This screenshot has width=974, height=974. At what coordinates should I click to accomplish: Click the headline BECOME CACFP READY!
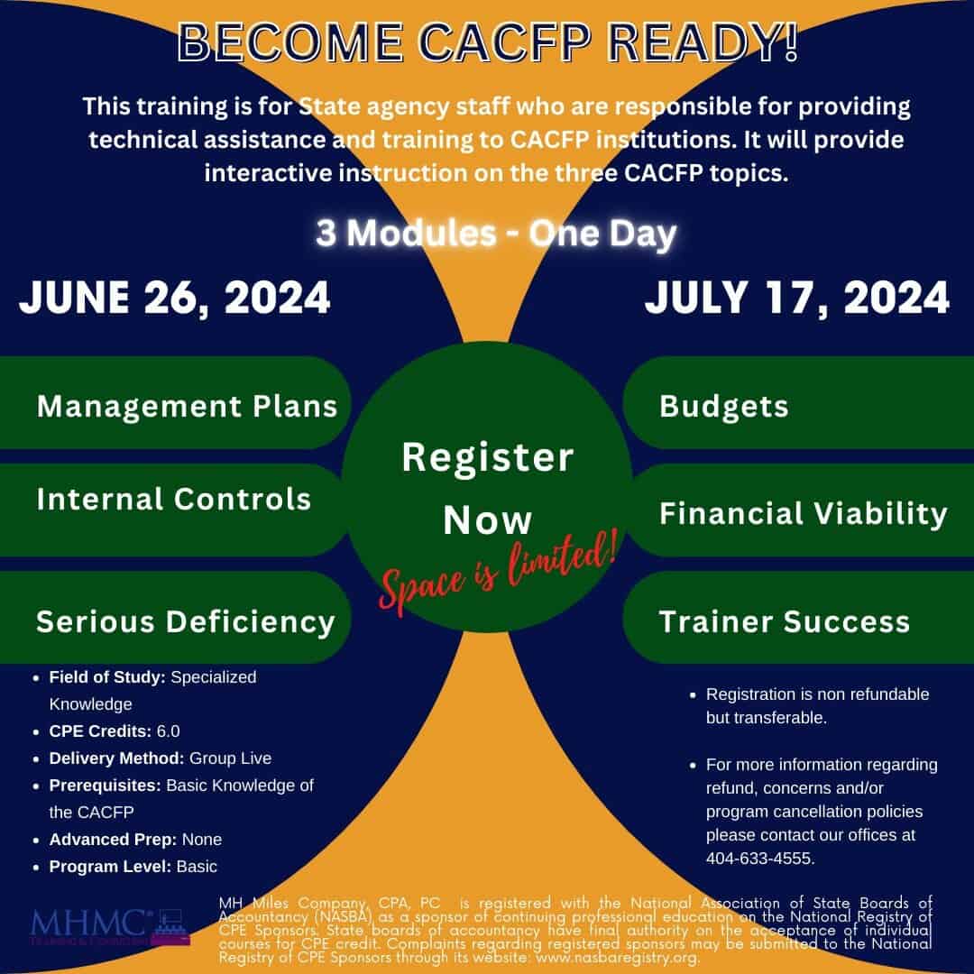click(487, 42)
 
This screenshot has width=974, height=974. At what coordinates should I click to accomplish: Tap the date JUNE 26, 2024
click(175, 298)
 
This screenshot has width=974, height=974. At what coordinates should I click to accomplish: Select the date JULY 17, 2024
click(797, 298)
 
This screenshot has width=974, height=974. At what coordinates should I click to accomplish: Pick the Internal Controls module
click(174, 499)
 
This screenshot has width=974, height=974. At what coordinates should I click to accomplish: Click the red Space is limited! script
click(498, 572)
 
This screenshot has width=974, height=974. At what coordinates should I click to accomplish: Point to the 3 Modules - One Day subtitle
click(496, 234)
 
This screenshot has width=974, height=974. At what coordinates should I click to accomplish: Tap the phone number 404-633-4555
click(760, 859)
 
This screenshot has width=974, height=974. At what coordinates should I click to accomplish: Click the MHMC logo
click(110, 927)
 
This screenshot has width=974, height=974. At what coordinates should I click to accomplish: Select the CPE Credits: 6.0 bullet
click(115, 731)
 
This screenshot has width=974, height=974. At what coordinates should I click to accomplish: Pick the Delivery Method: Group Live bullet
click(161, 758)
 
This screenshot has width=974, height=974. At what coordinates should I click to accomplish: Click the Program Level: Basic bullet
click(133, 867)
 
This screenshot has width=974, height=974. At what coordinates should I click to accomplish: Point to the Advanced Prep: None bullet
click(135, 840)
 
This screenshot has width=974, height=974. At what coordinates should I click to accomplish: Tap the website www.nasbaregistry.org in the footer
click(618, 957)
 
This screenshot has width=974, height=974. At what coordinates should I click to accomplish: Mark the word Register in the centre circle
click(488, 458)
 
